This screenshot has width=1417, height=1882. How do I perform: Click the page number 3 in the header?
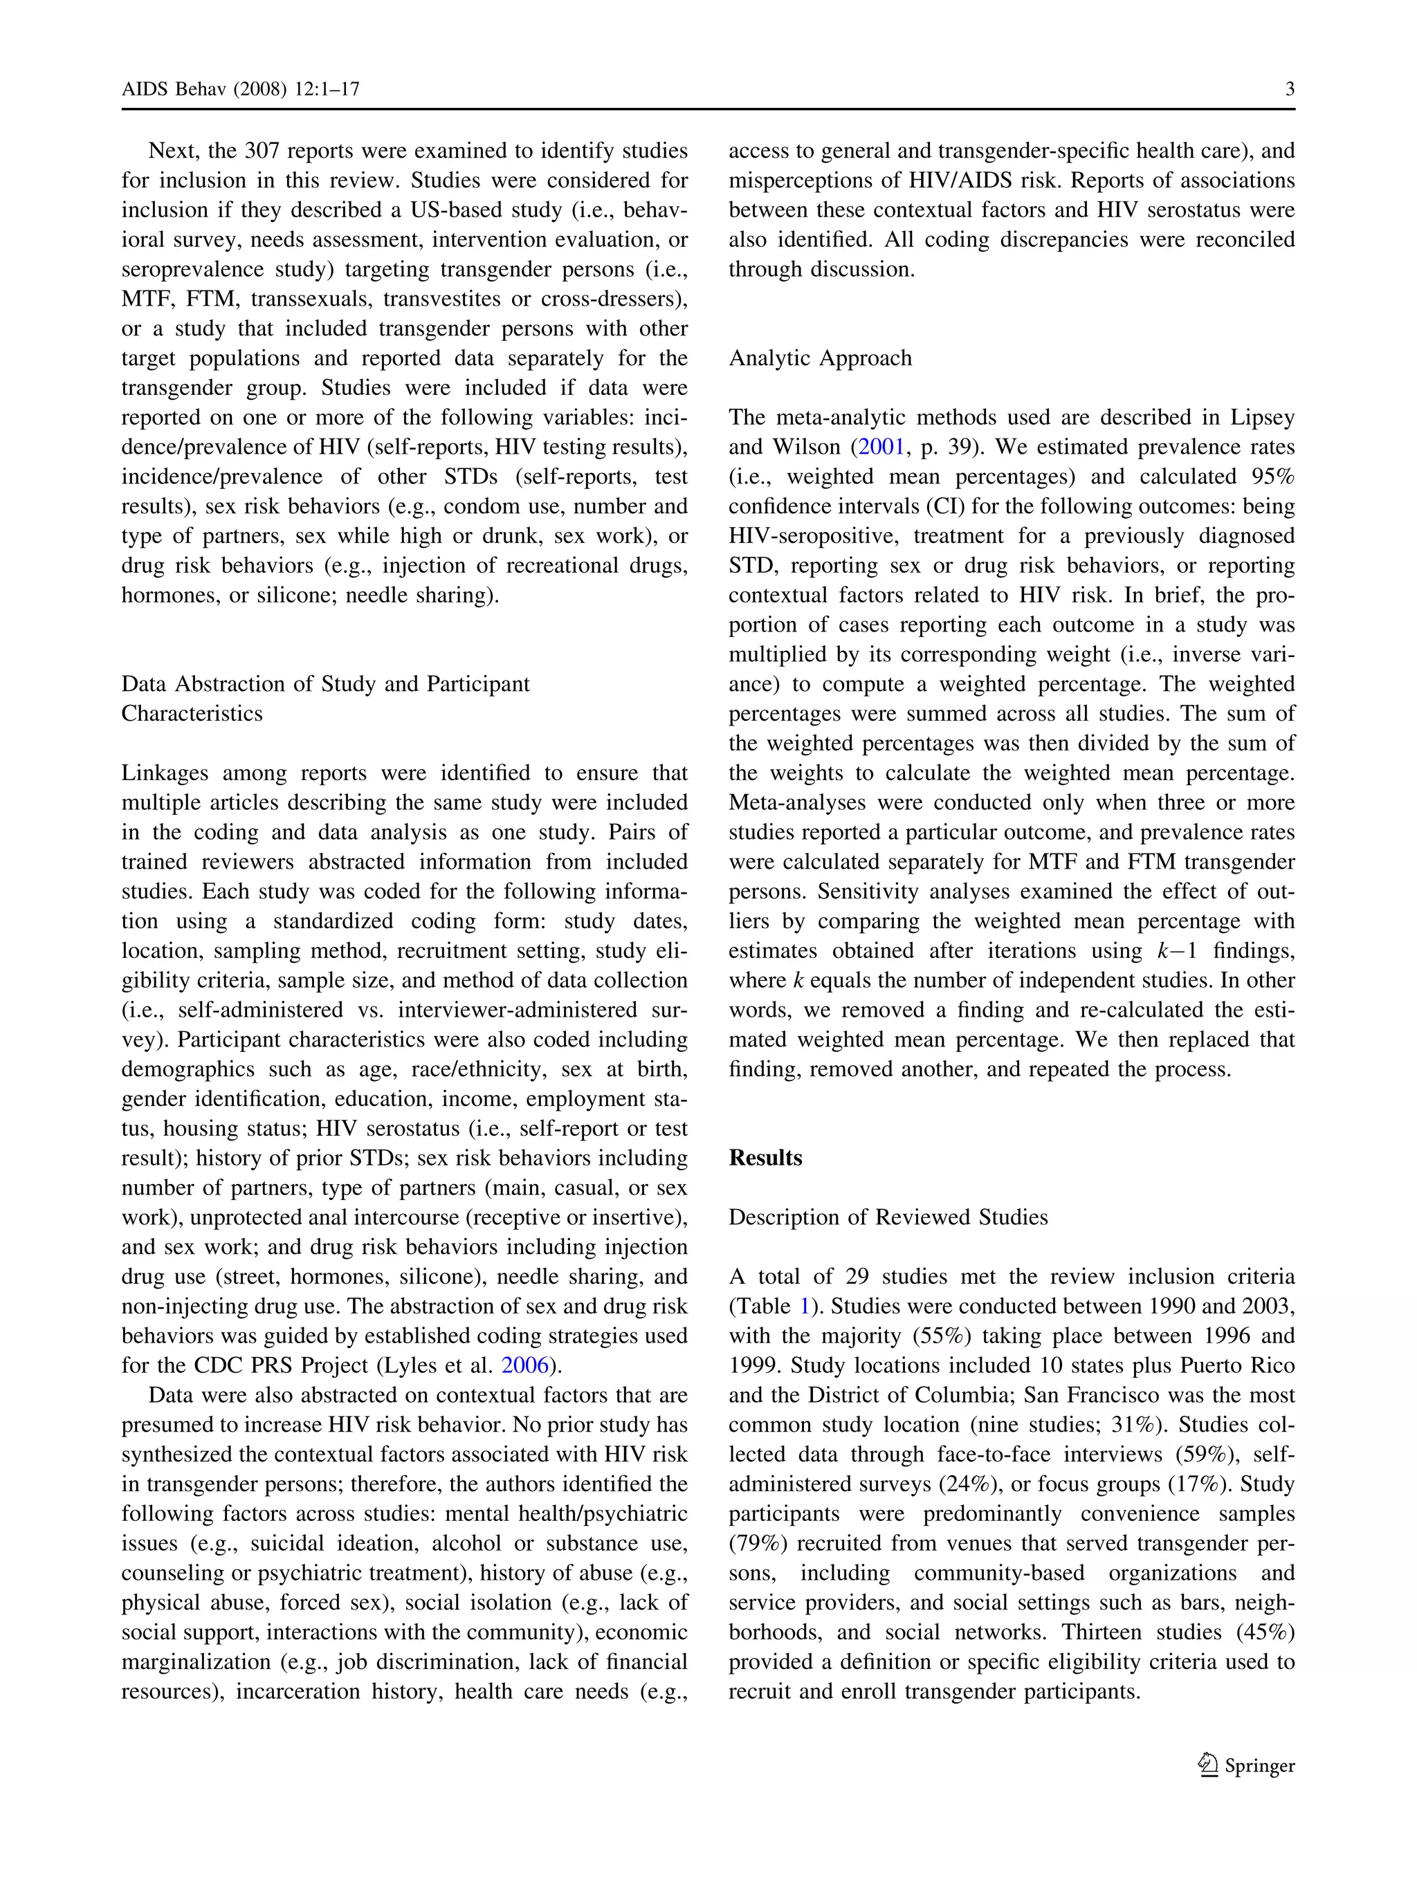(1289, 89)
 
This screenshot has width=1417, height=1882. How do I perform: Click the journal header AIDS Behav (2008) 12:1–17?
(240, 89)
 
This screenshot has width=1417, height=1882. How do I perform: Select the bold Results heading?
(765, 1158)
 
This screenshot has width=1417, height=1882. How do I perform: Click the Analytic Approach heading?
(820, 358)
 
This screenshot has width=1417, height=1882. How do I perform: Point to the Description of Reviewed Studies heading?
(888, 1217)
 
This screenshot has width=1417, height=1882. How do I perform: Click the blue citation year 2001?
(881, 447)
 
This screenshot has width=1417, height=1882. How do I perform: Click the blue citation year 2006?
(525, 1365)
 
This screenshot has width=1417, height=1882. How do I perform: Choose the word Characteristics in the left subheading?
(192, 714)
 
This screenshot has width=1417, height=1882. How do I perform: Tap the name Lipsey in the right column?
(1263, 417)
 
